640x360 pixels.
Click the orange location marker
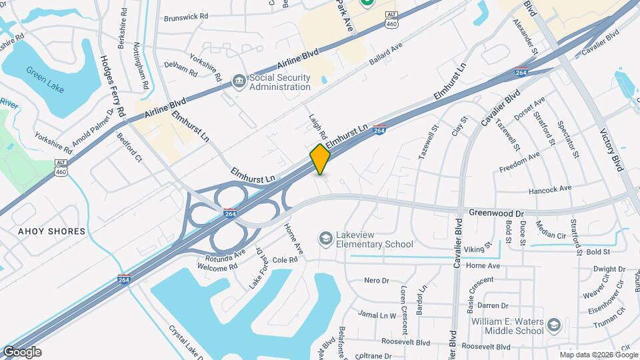click(x=320, y=159)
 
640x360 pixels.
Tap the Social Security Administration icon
click(x=239, y=81)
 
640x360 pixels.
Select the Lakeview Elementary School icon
click(x=325, y=239)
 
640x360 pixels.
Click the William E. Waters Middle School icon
click(x=553, y=325)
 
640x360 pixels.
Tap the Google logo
click(x=21, y=352)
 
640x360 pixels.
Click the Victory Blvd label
click(x=610, y=150)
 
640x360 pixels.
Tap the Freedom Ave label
click(x=519, y=163)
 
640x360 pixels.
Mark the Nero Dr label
click(x=376, y=280)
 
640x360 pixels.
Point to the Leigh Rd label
click(x=317, y=126)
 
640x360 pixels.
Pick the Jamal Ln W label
click(x=377, y=315)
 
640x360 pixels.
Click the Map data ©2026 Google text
click(x=598, y=355)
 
